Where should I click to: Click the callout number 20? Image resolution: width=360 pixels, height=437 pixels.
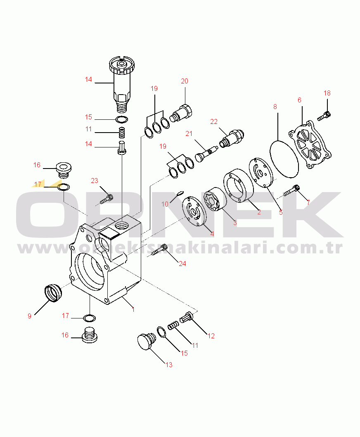(x=185, y=81)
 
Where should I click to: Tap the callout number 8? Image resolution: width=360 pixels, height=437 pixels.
(x=275, y=107)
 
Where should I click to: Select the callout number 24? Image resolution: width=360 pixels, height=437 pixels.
(x=182, y=264)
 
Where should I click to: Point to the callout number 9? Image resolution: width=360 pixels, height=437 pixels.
(x=29, y=316)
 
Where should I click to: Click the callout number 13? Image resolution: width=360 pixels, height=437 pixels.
(x=169, y=365)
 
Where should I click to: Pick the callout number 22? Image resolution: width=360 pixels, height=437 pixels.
(x=214, y=121)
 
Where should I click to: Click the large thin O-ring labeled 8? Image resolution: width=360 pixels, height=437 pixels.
(x=284, y=159)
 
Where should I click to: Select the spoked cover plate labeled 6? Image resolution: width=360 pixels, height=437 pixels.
(x=310, y=145)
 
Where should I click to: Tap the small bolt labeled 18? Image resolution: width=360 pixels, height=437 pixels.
(x=324, y=116)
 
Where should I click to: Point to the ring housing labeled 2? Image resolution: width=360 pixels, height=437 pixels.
(x=239, y=185)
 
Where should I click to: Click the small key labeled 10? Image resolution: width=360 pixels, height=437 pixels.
(x=180, y=192)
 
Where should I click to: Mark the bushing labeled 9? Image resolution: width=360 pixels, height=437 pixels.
(x=53, y=292)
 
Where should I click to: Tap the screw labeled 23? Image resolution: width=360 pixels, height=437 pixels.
(x=107, y=199)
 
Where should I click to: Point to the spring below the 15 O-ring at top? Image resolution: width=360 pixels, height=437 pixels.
(x=121, y=133)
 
